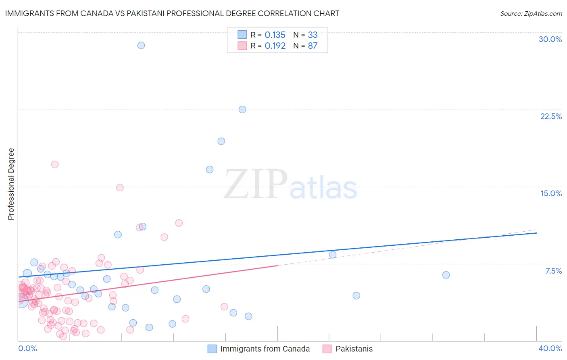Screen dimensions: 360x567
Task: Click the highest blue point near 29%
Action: (141, 45)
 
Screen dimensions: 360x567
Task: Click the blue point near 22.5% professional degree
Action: (242, 109)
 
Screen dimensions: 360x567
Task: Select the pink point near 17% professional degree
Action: (55, 164)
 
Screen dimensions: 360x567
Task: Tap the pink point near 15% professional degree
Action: (120, 188)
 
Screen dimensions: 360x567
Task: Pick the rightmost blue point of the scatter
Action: (446, 275)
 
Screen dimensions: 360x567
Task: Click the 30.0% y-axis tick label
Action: (550, 39)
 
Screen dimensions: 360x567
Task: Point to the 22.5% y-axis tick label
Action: (551, 116)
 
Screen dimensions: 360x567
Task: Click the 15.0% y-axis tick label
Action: (551, 193)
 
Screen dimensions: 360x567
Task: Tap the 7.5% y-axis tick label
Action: (553, 271)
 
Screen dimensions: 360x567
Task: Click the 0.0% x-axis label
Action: (27, 348)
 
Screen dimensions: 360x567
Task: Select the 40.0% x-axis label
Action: (550, 348)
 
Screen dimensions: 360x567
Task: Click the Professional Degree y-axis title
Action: (11, 184)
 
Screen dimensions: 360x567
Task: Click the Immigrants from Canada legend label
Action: (265, 349)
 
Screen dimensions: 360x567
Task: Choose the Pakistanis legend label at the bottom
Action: (354, 349)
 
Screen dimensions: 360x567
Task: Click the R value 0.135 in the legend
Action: (275, 35)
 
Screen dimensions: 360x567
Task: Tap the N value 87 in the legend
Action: (313, 46)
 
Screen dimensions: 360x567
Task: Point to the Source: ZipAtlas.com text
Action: (531, 13)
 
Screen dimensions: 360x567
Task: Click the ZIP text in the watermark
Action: (255, 184)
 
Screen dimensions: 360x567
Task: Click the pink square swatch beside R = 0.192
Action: (242, 46)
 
